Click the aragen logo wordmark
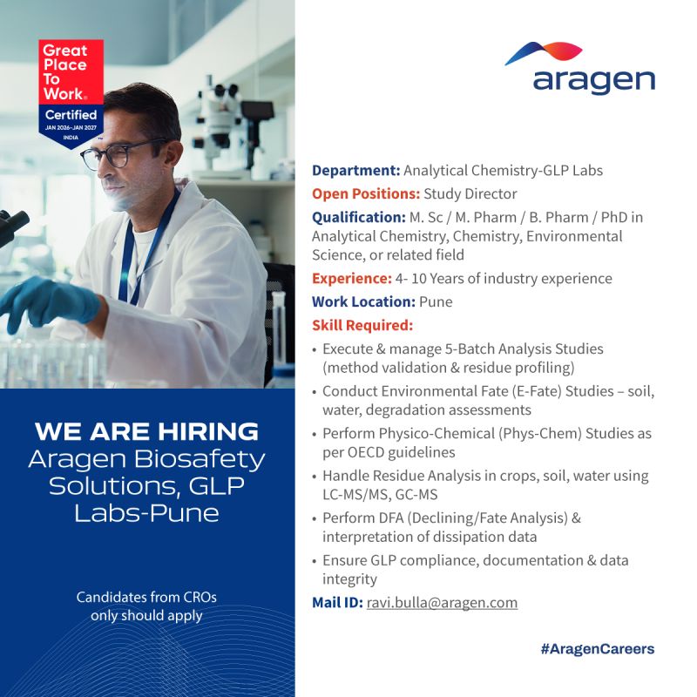pyautogui.click(x=594, y=82)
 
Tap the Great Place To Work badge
pyautogui.click(x=71, y=93)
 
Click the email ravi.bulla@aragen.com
pyautogui.click(x=442, y=603)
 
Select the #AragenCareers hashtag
pyautogui.click(x=598, y=649)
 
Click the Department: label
pyautogui.click(x=356, y=171)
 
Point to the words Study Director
pyautogui.click(x=470, y=193)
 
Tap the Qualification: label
pyautogui.click(x=359, y=217)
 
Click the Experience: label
pyautogui.click(x=352, y=279)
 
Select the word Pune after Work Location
pyautogui.click(x=436, y=301)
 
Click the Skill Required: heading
pyautogui.click(x=362, y=325)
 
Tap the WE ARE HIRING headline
pyautogui.click(x=146, y=431)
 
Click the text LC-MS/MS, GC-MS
pyautogui.click(x=380, y=494)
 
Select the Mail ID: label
pyautogui.click(x=337, y=603)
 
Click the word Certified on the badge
pyautogui.click(x=71, y=115)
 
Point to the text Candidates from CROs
pyautogui.click(x=146, y=597)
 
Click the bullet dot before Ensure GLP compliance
pyautogui.click(x=315, y=561)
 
